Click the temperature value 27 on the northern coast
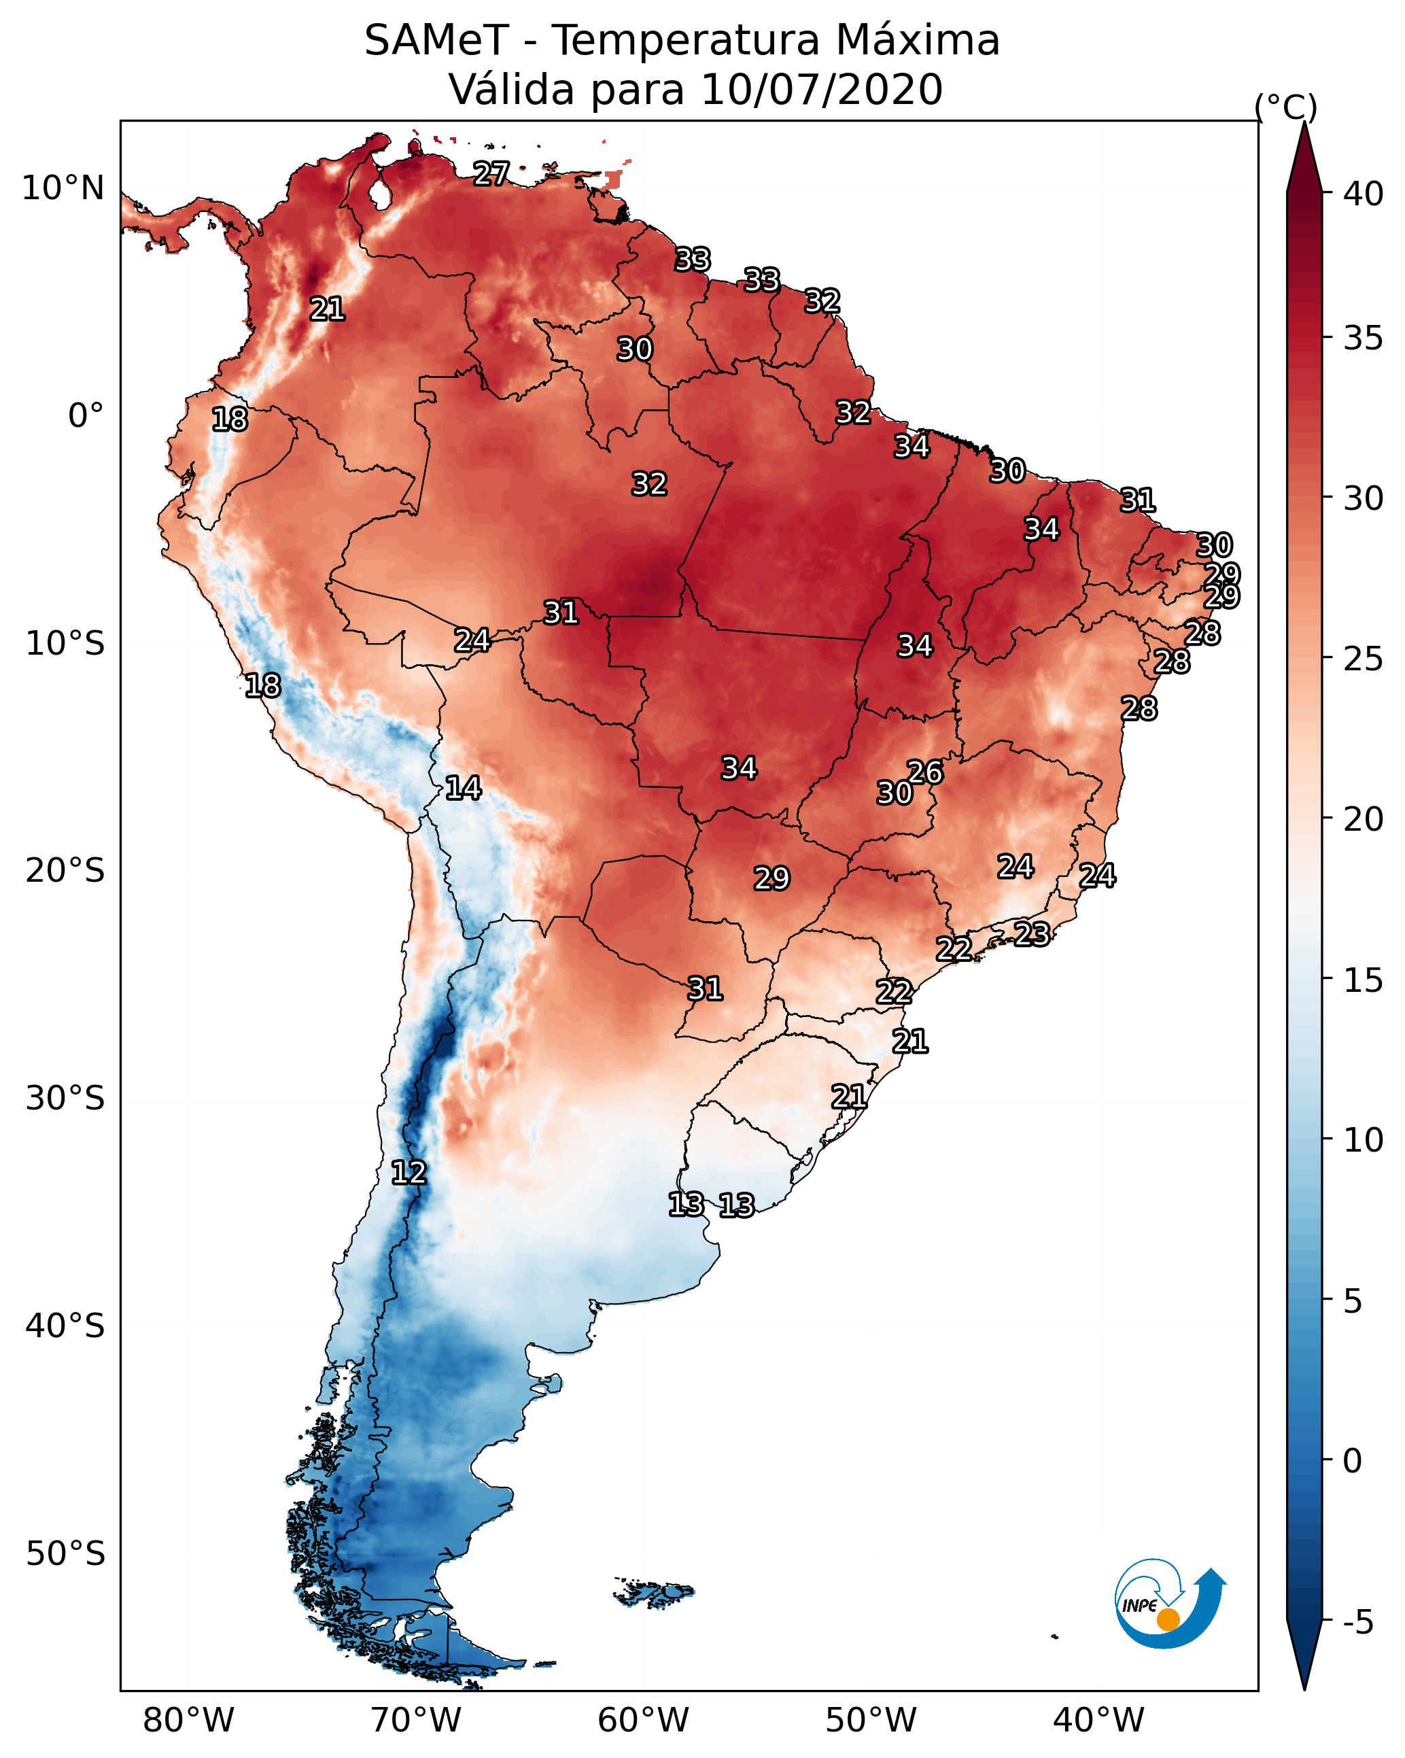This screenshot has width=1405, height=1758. click(x=491, y=173)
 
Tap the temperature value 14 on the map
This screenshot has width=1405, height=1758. click(x=462, y=788)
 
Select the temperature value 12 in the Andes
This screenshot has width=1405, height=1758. click(x=408, y=1173)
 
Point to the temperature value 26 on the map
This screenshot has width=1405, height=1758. click(x=924, y=772)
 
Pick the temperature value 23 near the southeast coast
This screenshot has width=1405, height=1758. click(x=1032, y=933)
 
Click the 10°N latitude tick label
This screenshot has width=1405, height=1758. click(x=63, y=188)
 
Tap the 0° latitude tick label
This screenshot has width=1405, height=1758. click(x=86, y=416)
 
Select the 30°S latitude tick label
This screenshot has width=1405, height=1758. click(x=65, y=1099)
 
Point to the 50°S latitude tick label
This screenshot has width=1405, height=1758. click(x=65, y=1554)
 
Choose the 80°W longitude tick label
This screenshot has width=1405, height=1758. click(x=188, y=1720)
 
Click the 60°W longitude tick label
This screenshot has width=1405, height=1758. click(x=644, y=1720)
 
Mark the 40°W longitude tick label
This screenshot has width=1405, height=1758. click(x=1098, y=1720)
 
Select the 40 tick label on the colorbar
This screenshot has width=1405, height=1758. click(x=1364, y=194)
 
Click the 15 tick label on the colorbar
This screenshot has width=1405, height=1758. click(x=1364, y=980)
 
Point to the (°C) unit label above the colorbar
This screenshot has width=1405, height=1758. click(x=1286, y=107)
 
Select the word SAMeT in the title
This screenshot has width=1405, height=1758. click(x=436, y=41)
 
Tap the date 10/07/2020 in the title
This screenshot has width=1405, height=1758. click(x=821, y=90)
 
